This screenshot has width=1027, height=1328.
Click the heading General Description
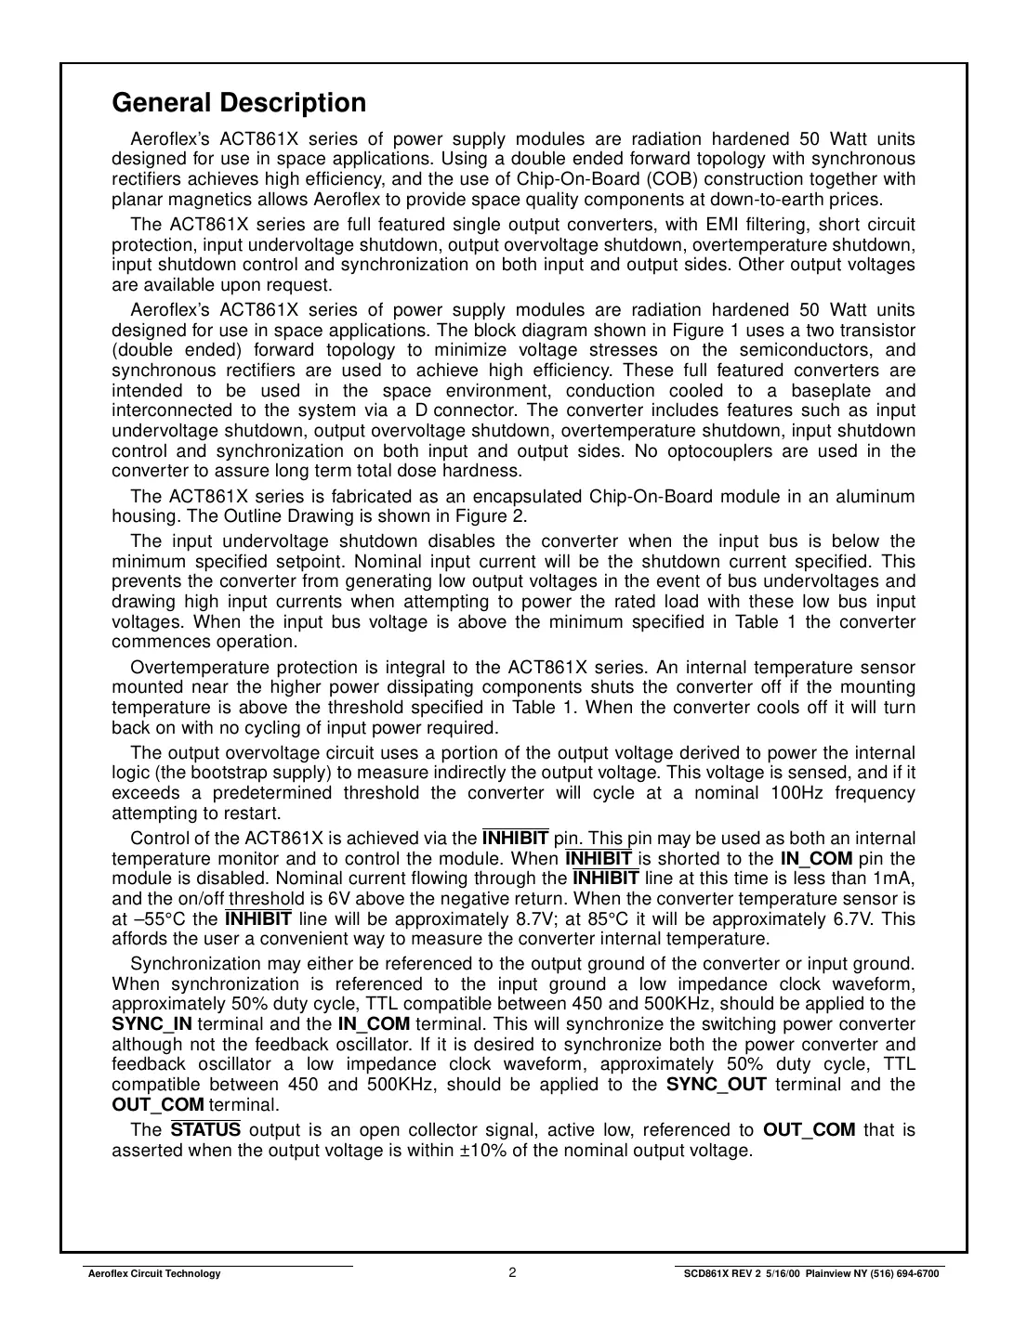coord(239,102)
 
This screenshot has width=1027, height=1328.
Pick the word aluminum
coord(878,497)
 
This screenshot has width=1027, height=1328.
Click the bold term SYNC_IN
coord(151,1024)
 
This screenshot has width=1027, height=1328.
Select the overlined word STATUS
coord(205,1130)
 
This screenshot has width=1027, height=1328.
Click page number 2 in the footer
coord(512,1273)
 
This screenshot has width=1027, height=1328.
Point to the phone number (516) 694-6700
coord(905,1274)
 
